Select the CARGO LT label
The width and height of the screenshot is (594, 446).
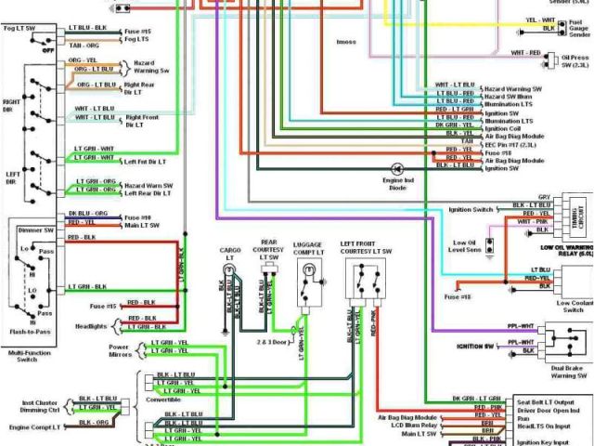[x=230, y=253]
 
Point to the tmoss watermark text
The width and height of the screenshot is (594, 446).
[x=345, y=41]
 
